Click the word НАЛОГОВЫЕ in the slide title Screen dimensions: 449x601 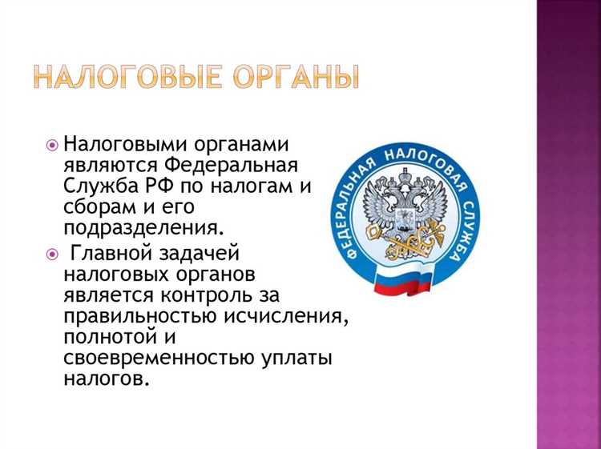click(127, 77)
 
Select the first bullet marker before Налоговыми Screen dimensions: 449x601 click(52, 146)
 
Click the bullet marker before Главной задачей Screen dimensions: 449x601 click(52, 255)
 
